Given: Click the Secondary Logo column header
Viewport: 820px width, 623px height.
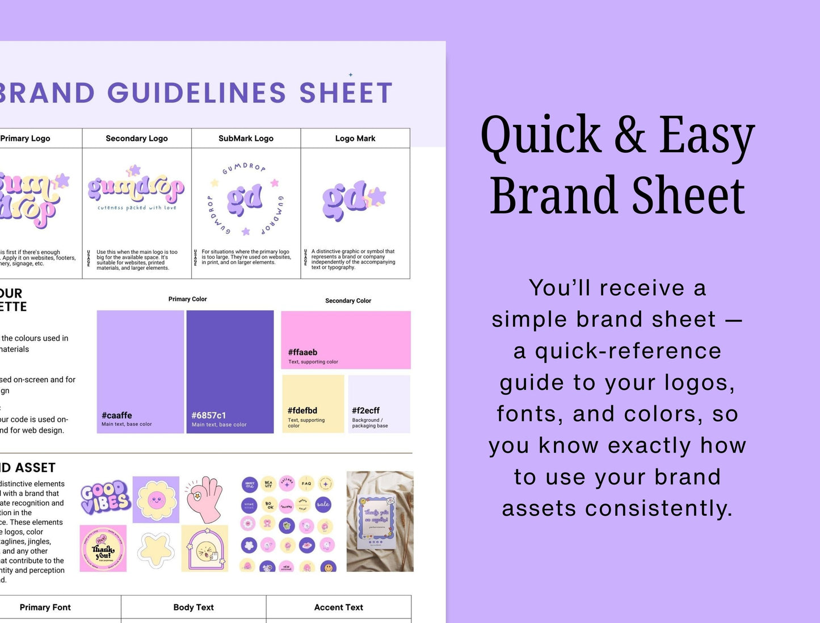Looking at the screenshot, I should pyautogui.click(x=137, y=138).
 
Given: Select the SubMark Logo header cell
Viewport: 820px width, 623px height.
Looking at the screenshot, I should pyautogui.click(x=246, y=138).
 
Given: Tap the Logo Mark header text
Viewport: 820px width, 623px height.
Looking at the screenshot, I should pyautogui.click(x=355, y=138).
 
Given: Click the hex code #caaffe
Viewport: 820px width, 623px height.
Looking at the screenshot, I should pyautogui.click(x=117, y=415).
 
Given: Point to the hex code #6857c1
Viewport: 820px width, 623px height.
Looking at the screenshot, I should pyautogui.click(x=209, y=415).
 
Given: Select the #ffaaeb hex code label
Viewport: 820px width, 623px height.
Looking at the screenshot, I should pyautogui.click(x=302, y=352).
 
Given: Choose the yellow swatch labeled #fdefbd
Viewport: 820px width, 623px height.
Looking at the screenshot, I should pyautogui.click(x=313, y=404).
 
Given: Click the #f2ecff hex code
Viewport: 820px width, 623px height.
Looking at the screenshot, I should pyautogui.click(x=365, y=410).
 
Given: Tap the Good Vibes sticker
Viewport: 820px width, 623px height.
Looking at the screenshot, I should pyautogui.click(x=105, y=497).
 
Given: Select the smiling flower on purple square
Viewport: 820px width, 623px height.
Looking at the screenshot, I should pyautogui.click(x=155, y=500).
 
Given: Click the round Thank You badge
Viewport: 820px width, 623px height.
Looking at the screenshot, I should pyautogui.click(x=103, y=549).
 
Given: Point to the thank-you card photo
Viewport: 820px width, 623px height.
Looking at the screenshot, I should pyautogui.click(x=380, y=521).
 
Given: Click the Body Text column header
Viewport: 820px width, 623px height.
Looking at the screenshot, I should pyautogui.click(x=194, y=607).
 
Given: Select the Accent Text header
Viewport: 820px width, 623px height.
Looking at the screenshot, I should pyautogui.click(x=338, y=607).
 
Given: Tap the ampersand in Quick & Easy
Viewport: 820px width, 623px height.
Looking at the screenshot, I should pyautogui.click(x=629, y=135).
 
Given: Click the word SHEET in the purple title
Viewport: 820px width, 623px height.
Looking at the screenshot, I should pyautogui.click(x=346, y=93).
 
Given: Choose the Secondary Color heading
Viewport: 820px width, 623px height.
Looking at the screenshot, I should pyautogui.click(x=348, y=300).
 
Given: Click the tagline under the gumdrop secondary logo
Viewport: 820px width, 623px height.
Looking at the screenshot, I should pyautogui.click(x=137, y=208).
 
